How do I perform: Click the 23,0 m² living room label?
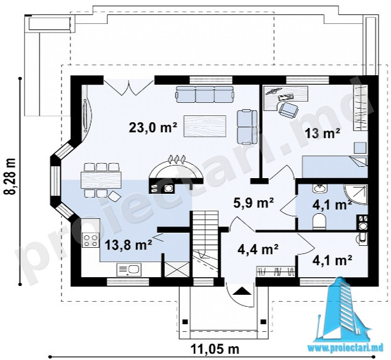coord(153,127)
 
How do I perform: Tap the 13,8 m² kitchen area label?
coord(128,245)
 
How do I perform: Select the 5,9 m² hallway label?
coord(254,203)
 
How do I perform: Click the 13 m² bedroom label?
coord(323,133)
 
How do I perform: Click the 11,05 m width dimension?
coord(215,349)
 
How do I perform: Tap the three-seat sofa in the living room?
coord(205,94)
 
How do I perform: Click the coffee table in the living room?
coord(205,126)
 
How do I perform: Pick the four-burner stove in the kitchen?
coord(91,240)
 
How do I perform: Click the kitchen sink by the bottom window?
coord(129,270)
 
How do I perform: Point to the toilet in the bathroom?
coord(319,222)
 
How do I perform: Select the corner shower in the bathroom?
coord(356,194)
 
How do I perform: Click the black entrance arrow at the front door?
coord(241,291)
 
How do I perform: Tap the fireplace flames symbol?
coord(177,159)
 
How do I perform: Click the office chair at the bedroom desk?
coord(288,110)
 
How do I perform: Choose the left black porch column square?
coord(185,321)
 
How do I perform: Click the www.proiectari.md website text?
coord(345,348)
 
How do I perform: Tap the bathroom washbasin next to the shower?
coord(319,189)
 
